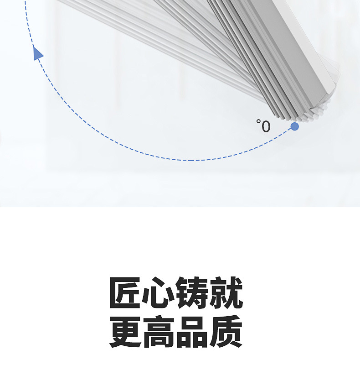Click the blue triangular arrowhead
(x=38, y=53)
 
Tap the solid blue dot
(x=295, y=126)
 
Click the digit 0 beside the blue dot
(x=265, y=126)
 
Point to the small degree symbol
(x=258, y=121)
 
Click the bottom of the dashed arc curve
(x=191, y=160)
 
